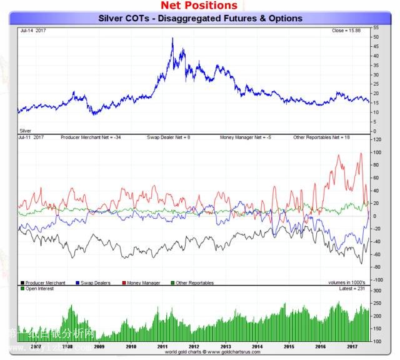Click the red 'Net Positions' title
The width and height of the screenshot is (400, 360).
tap(199, 6)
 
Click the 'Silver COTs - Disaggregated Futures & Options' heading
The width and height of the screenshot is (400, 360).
tap(200, 18)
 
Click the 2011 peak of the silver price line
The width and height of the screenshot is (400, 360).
tap(172, 39)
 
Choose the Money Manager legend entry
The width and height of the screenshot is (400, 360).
tap(143, 282)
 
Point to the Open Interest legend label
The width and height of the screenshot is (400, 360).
tap(39, 289)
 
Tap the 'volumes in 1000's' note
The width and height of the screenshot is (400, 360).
tap(347, 282)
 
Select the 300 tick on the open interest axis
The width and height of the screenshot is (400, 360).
tap(376, 291)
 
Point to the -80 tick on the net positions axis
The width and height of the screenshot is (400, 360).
tap(376, 267)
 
